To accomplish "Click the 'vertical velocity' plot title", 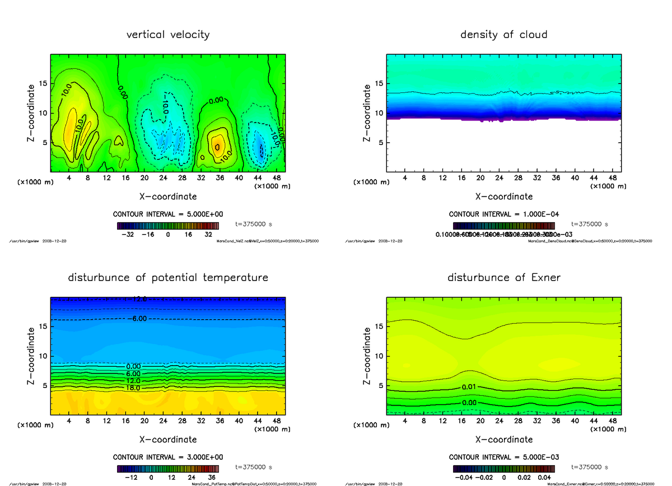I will click(168, 35).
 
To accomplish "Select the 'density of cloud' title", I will click(503, 35).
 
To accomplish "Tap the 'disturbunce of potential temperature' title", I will click(168, 278).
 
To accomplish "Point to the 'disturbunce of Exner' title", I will click(503, 278).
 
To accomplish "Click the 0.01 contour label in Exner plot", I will click(469, 387).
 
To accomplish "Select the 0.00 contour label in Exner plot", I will click(469, 403).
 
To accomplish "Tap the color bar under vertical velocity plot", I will click(168, 226).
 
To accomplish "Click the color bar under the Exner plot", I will click(503, 469).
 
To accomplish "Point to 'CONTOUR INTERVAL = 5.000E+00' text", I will click(168, 214).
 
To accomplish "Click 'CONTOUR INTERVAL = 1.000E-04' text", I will click(503, 214).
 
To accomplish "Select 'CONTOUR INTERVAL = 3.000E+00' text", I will click(168, 457).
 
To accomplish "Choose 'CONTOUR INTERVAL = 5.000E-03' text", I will click(503, 457).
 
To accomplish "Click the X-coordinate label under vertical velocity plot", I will click(168, 197).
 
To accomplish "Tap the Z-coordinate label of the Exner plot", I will click(367, 356).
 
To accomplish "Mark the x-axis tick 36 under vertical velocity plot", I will click(220, 178).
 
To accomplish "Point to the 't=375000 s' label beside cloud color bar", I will click(590, 224).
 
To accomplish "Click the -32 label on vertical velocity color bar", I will click(129, 235).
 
